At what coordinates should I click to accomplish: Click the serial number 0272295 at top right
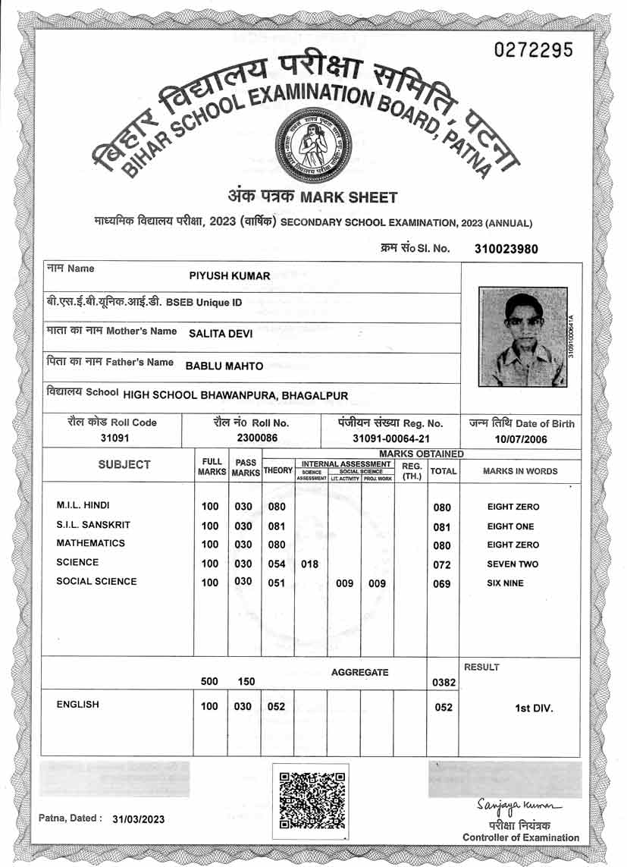[533, 50]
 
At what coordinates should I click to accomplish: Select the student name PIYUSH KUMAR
[229, 275]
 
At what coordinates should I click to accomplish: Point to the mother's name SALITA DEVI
[221, 331]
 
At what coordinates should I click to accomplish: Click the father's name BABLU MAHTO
[224, 366]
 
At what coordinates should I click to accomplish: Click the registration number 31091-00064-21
[390, 438]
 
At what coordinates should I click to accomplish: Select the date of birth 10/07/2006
[522, 438]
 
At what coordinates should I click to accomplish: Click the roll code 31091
[111, 438]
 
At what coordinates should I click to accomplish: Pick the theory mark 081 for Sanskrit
[277, 526]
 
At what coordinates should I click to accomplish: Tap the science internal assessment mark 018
[310, 564]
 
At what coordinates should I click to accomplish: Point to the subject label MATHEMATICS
[91, 544]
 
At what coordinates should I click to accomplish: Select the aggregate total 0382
[443, 683]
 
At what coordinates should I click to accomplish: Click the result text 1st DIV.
[534, 708]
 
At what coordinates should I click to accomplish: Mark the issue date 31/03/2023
[138, 819]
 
